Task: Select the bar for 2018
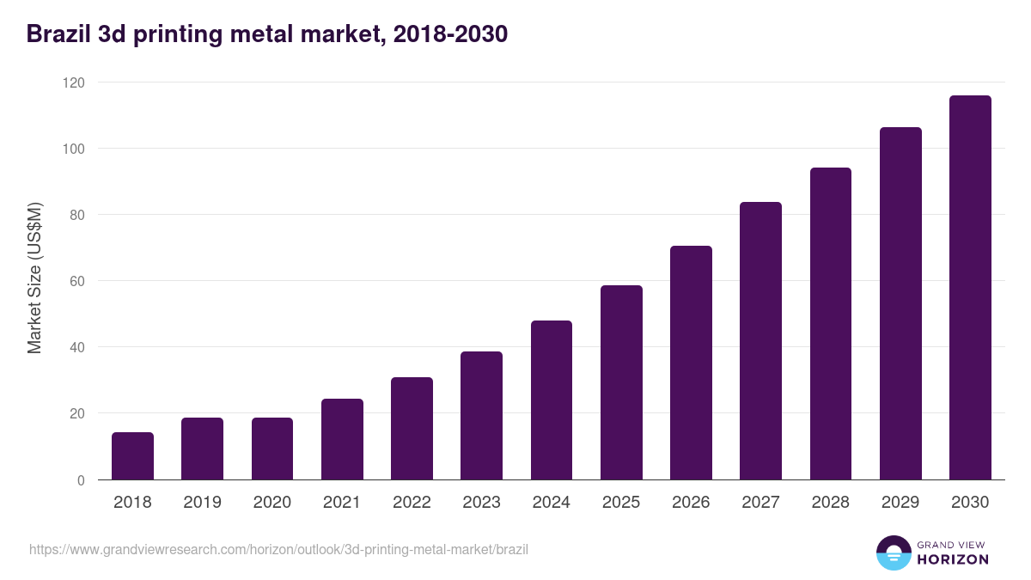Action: tap(132, 456)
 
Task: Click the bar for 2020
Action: tap(272, 449)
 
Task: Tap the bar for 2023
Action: tap(481, 416)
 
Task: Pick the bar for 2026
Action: tap(691, 363)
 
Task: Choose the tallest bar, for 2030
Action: tap(970, 288)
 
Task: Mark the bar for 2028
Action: tap(831, 324)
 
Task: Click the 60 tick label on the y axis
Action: tap(77, 281)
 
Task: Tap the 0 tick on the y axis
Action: tap(81, 480)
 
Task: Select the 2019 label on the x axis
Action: tap(202, 503)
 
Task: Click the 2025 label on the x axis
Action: tap(621, 503)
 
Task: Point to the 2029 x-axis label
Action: tap(900, 503)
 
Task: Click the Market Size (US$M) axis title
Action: tap(34, 278)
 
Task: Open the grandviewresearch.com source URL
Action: tap(278, 548)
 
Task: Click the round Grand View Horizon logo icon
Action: tap(893, 553)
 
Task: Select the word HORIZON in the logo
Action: tap(952, 559)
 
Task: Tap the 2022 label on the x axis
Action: tap(412, 503)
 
